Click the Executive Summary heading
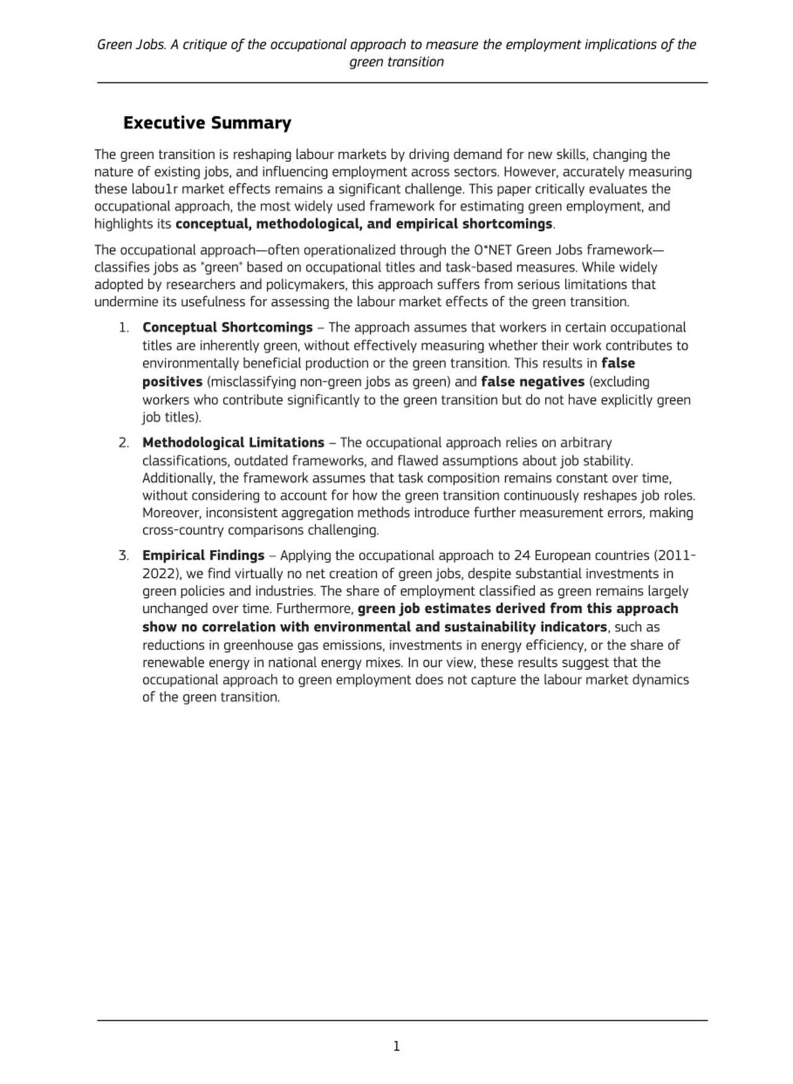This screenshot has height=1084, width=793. [x=207, y=123]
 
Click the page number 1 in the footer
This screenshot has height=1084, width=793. [x=396, y=1046]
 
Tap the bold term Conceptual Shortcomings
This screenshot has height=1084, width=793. [x=227, y=327]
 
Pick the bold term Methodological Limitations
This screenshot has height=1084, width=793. [x=233, y=443]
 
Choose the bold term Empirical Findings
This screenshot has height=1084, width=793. [x=203, y=555]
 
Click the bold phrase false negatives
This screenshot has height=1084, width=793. [x=532, y=381]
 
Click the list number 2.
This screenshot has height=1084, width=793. [x=124, y=443]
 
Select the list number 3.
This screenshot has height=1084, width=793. [x=124, y=555]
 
